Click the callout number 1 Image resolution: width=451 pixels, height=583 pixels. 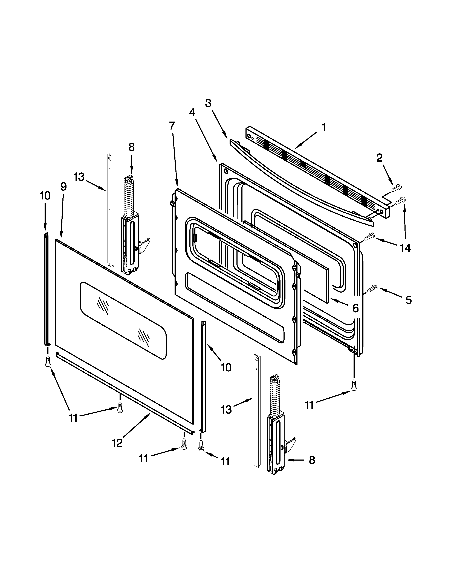coord(323,127)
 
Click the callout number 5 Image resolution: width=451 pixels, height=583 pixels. coord(408,300)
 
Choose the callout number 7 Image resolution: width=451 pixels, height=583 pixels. coord(172,125)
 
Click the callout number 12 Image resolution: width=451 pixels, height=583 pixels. coord(117,443)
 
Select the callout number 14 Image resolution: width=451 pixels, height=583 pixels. coord(405,248)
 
